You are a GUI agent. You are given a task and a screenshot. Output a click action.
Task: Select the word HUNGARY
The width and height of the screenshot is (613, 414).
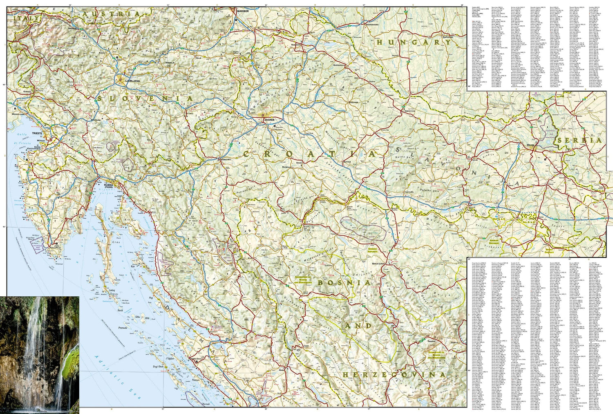(x=414, y=42)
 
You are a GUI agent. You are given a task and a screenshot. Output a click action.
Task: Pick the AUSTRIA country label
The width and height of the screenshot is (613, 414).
(x=111, y=14)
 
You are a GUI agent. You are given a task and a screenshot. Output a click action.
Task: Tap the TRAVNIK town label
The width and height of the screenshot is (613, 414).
(x=431, y=340)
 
